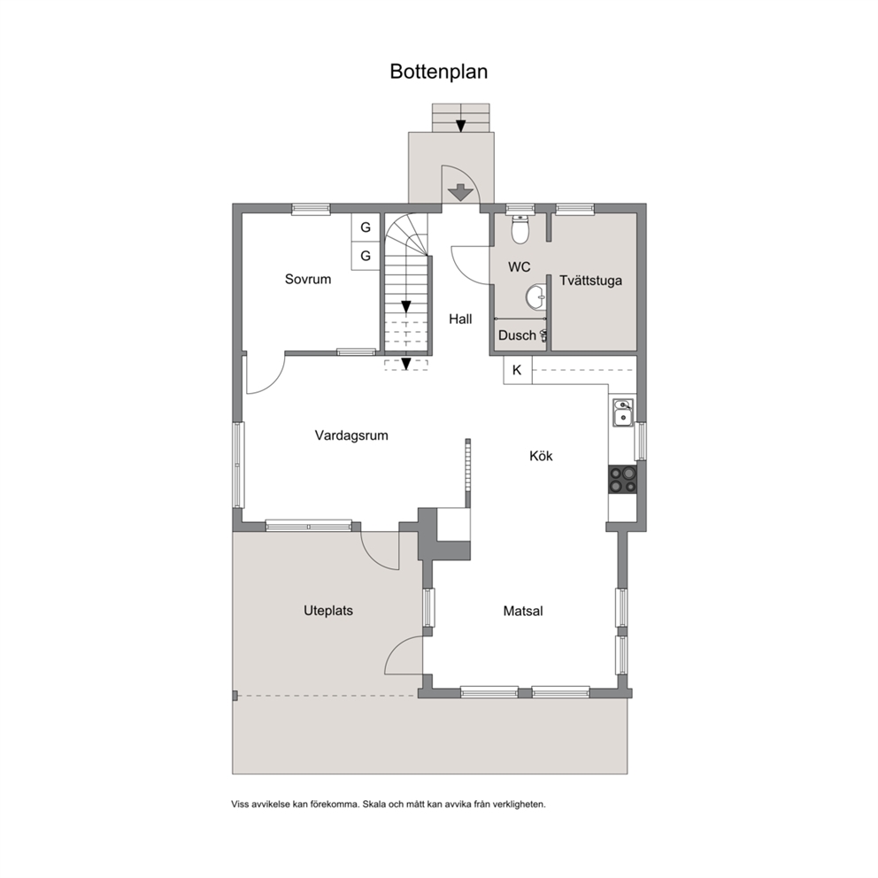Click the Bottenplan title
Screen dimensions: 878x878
[x=438, y=72]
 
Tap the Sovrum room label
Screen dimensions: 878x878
[x=307, y=279]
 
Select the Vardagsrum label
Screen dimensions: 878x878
[x=351, y=435]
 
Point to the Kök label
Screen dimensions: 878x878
[x=541, y=456]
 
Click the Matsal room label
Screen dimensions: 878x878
[x=523, y=611]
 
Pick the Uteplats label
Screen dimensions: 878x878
[x=328, y=611]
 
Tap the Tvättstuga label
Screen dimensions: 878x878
[x=590, y=281]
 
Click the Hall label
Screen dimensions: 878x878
[x=460, y=320]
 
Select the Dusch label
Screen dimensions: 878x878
[x=517, y=335]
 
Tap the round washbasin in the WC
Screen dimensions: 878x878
[x=535, y=297]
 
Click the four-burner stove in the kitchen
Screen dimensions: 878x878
[x=623, y=480]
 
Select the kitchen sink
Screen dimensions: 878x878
[x=623, y=412]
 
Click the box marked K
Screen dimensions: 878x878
[x=518, y=370]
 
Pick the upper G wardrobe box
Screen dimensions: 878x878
[x=366, y=227]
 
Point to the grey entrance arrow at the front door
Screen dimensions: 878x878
[x=461, y=193]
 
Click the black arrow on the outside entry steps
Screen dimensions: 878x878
[x=460, y=126]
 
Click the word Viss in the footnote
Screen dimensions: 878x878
[x=240, y=805]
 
